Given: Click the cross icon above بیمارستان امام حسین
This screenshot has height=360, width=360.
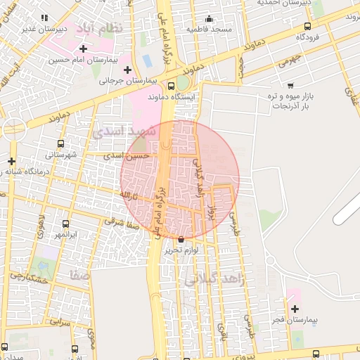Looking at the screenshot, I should coord(84,49).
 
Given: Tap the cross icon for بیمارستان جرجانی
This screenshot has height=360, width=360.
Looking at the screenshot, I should coord(127,70).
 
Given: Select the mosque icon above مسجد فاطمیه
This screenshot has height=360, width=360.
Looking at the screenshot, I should coord(209,18).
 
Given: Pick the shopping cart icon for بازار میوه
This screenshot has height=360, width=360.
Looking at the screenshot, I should coord(291,85).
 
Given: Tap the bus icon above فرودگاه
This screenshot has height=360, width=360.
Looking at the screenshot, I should coord(307,25).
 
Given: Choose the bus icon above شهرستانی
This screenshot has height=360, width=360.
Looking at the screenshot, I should coord(60,143).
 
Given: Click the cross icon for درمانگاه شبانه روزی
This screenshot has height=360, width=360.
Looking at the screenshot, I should coord(12,161).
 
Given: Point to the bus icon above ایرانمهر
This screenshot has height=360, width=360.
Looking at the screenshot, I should coord(65,224).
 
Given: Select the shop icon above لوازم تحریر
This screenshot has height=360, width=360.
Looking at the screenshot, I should coord(182,239).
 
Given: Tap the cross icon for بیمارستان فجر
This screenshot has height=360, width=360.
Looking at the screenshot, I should coord(295,309).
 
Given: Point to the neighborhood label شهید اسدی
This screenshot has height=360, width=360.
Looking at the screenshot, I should coord(118,131).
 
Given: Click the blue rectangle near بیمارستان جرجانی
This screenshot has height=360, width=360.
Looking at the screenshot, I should coord(147,60).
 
